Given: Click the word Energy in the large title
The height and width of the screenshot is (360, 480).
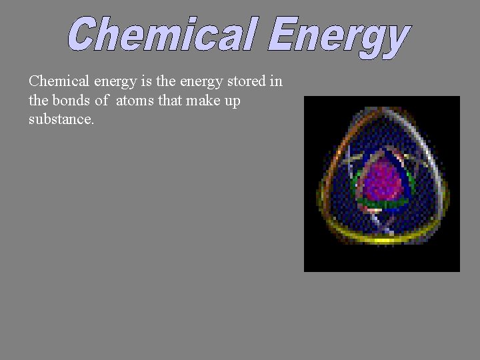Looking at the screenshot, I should (339, 36).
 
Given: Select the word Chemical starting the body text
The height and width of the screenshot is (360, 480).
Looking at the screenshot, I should (59, 81).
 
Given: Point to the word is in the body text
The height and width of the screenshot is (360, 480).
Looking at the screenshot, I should (147, 81).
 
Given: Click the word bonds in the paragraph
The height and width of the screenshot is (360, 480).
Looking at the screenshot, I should (69, 101).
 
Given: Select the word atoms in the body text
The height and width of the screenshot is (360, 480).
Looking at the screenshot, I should (135, 101).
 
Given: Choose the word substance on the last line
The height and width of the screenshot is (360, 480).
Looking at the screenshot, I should (60, 120).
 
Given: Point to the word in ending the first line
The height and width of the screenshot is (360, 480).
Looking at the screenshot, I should (276, 81).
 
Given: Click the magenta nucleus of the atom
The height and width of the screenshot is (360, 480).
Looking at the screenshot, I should (382, 179).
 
